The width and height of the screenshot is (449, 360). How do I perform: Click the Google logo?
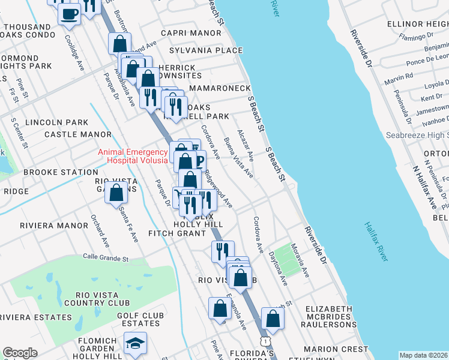(x=20, y=353)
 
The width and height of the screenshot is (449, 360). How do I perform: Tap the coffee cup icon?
(x=69, y=13)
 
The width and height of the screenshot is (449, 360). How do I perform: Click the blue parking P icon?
(x=197, y=159)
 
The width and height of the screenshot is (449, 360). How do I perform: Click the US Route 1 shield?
(x=264, y=341)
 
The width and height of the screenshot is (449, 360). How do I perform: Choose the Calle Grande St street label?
(x=106, y=258)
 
